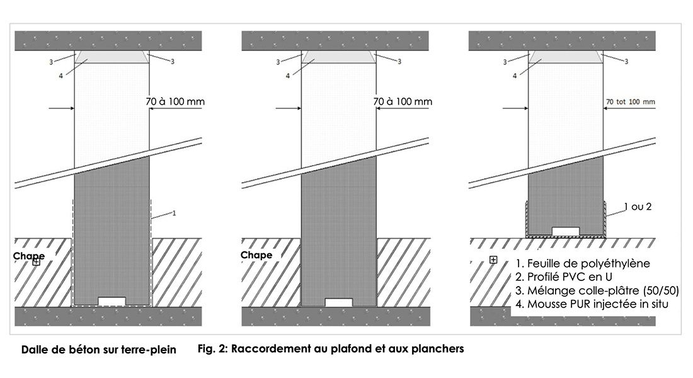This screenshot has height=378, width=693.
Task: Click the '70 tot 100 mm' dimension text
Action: [630, 101]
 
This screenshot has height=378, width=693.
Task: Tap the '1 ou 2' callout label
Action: [637, 207]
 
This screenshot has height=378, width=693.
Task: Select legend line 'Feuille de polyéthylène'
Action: [582, 263]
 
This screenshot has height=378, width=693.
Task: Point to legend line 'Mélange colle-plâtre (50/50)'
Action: [596, 291]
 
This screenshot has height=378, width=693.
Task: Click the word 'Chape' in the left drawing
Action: [28, 256]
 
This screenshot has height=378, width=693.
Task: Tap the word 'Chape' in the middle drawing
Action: [256, 255]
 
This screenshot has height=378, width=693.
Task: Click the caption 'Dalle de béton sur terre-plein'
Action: [99, 349]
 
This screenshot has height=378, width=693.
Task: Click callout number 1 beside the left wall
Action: [173, 214]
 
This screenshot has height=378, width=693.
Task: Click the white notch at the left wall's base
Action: [112, 301]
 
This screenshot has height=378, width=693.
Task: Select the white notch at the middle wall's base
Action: [339, 302]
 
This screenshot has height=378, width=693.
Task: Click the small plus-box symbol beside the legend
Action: [493, 260]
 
